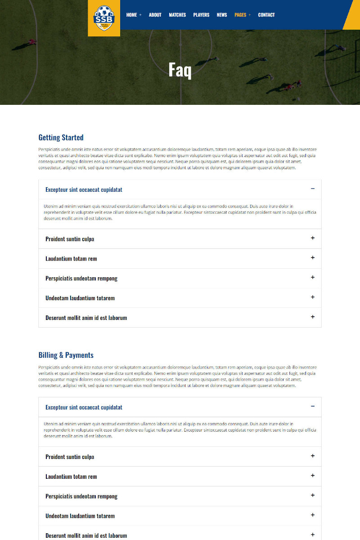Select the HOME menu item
(x=131, y=15)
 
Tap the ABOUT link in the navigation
(x=155, y=15)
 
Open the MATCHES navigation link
(x=177, y=15)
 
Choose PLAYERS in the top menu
(x=201, y=15)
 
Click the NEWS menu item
(x=222, y=15)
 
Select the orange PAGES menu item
(x=240, y=15)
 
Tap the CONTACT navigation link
(x=266, y=15)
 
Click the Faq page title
(x=180, y=70)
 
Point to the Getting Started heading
(x=61, y=138)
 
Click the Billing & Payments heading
(x=66, y=355)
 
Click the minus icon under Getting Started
(x=313, y=189)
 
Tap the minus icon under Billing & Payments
(x=313, y=407)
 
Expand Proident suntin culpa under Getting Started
(x=70, y=239)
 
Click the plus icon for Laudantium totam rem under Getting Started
(x=313, y=258)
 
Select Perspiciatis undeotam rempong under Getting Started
(x=81, y=279)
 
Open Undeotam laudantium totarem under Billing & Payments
(x=80, y=516)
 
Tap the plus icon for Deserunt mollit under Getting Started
(x=313, y=317)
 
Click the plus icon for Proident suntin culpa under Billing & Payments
(x=313, y=456)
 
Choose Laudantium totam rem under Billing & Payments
(x=71, y=477)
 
